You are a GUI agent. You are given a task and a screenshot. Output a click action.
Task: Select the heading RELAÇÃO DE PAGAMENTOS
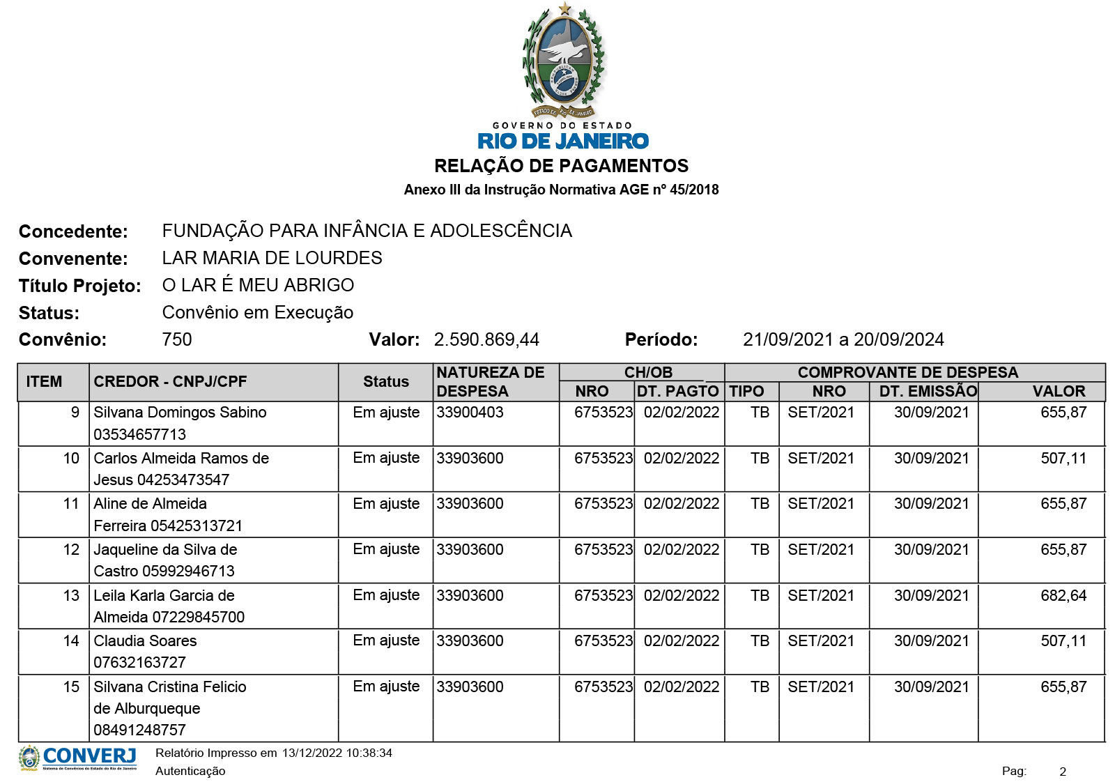(561, 166)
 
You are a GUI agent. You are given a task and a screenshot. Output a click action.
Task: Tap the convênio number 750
(176, 339)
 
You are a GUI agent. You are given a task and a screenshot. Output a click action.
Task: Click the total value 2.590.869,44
(486, 339)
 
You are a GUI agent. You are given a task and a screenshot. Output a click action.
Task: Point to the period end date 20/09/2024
(899, 339)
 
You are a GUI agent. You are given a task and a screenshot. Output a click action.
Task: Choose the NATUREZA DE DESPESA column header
(491, 381)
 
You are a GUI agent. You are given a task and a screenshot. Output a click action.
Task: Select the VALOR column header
(1059, 391)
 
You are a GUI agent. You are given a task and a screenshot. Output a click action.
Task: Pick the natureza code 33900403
(470, 412)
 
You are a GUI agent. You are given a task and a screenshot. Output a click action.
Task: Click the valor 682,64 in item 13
(1063, 595)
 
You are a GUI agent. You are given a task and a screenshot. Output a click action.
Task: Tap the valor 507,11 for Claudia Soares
(1063, 641)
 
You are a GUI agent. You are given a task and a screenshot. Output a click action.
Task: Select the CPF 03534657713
(140, 434)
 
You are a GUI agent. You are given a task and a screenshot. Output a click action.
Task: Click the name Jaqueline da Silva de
(165, 549)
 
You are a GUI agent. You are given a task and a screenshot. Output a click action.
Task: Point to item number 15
(71, 687)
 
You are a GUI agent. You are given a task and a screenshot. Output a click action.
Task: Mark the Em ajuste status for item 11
(386, 503)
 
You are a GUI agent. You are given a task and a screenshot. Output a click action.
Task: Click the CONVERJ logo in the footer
(78, 758)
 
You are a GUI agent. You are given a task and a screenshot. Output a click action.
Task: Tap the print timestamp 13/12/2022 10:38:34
(337, 753)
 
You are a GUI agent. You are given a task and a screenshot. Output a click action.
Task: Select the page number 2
(1063, 772)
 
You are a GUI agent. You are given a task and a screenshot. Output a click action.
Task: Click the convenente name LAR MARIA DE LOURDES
(272, 258)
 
